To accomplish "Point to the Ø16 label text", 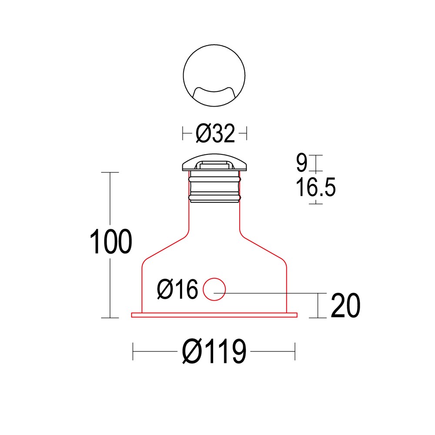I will (177, 290).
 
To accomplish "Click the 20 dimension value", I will (345, 306).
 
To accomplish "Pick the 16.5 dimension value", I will (316, 188).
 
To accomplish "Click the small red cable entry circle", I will (214, 289).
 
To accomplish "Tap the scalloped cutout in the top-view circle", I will (214, 94).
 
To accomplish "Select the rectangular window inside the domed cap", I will (214, 165).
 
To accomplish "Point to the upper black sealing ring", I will (214, 178).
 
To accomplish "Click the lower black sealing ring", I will (214, 198).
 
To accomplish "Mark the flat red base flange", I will (214, 315).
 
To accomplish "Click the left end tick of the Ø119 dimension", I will (133, 351).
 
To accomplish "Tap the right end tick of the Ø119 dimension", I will (295, 351).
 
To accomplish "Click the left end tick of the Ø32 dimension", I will (182, 133).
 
